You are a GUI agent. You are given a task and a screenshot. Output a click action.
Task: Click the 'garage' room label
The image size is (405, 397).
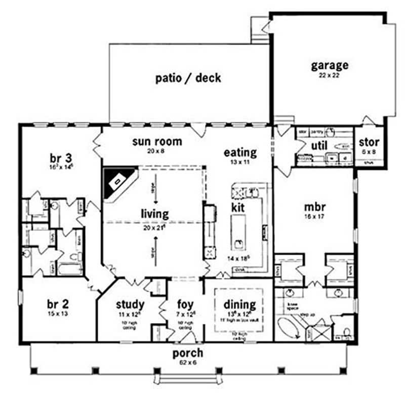tap(330, 65)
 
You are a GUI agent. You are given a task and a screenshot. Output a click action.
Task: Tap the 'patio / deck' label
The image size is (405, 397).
tap(188, 78)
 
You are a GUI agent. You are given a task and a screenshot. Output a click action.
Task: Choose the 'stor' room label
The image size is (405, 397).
tap(369, 142)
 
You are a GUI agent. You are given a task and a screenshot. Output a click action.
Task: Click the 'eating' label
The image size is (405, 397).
tap(240, 152)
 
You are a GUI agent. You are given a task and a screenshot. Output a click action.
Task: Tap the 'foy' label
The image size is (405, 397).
tap(185, 304)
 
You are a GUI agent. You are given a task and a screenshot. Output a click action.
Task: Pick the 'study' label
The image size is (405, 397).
tap(130, 304)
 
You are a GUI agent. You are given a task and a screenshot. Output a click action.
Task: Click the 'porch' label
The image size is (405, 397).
tap(188, 352)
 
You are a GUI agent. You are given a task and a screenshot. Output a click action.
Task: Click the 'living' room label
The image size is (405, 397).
tap(155, 214)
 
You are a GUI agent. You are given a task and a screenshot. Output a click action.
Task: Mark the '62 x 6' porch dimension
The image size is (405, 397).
tap(188, 362)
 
